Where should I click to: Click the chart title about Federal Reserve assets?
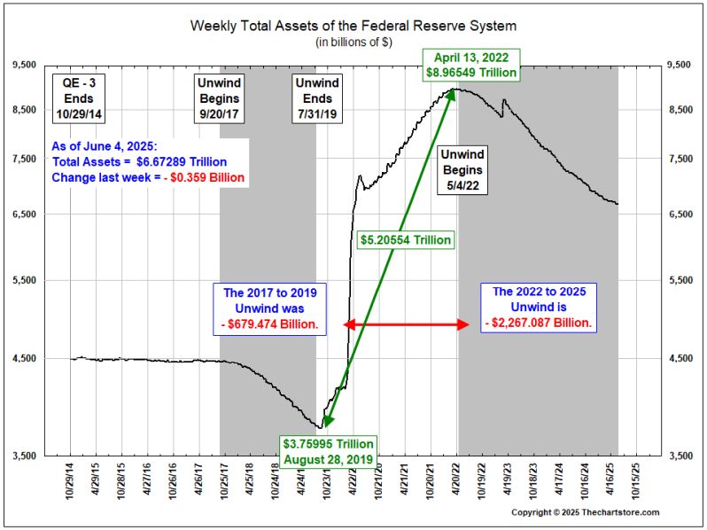[x=353, y=25]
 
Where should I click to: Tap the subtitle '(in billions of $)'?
[x=353, y=42]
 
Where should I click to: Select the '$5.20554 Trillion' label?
[x=406, y=239]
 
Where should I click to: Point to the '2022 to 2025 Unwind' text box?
[x=540, y=307]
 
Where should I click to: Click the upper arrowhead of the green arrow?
[x=453, y=93]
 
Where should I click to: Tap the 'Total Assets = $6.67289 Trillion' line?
[x=139, y=162]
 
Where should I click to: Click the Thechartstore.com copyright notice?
[x=585, y=512]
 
